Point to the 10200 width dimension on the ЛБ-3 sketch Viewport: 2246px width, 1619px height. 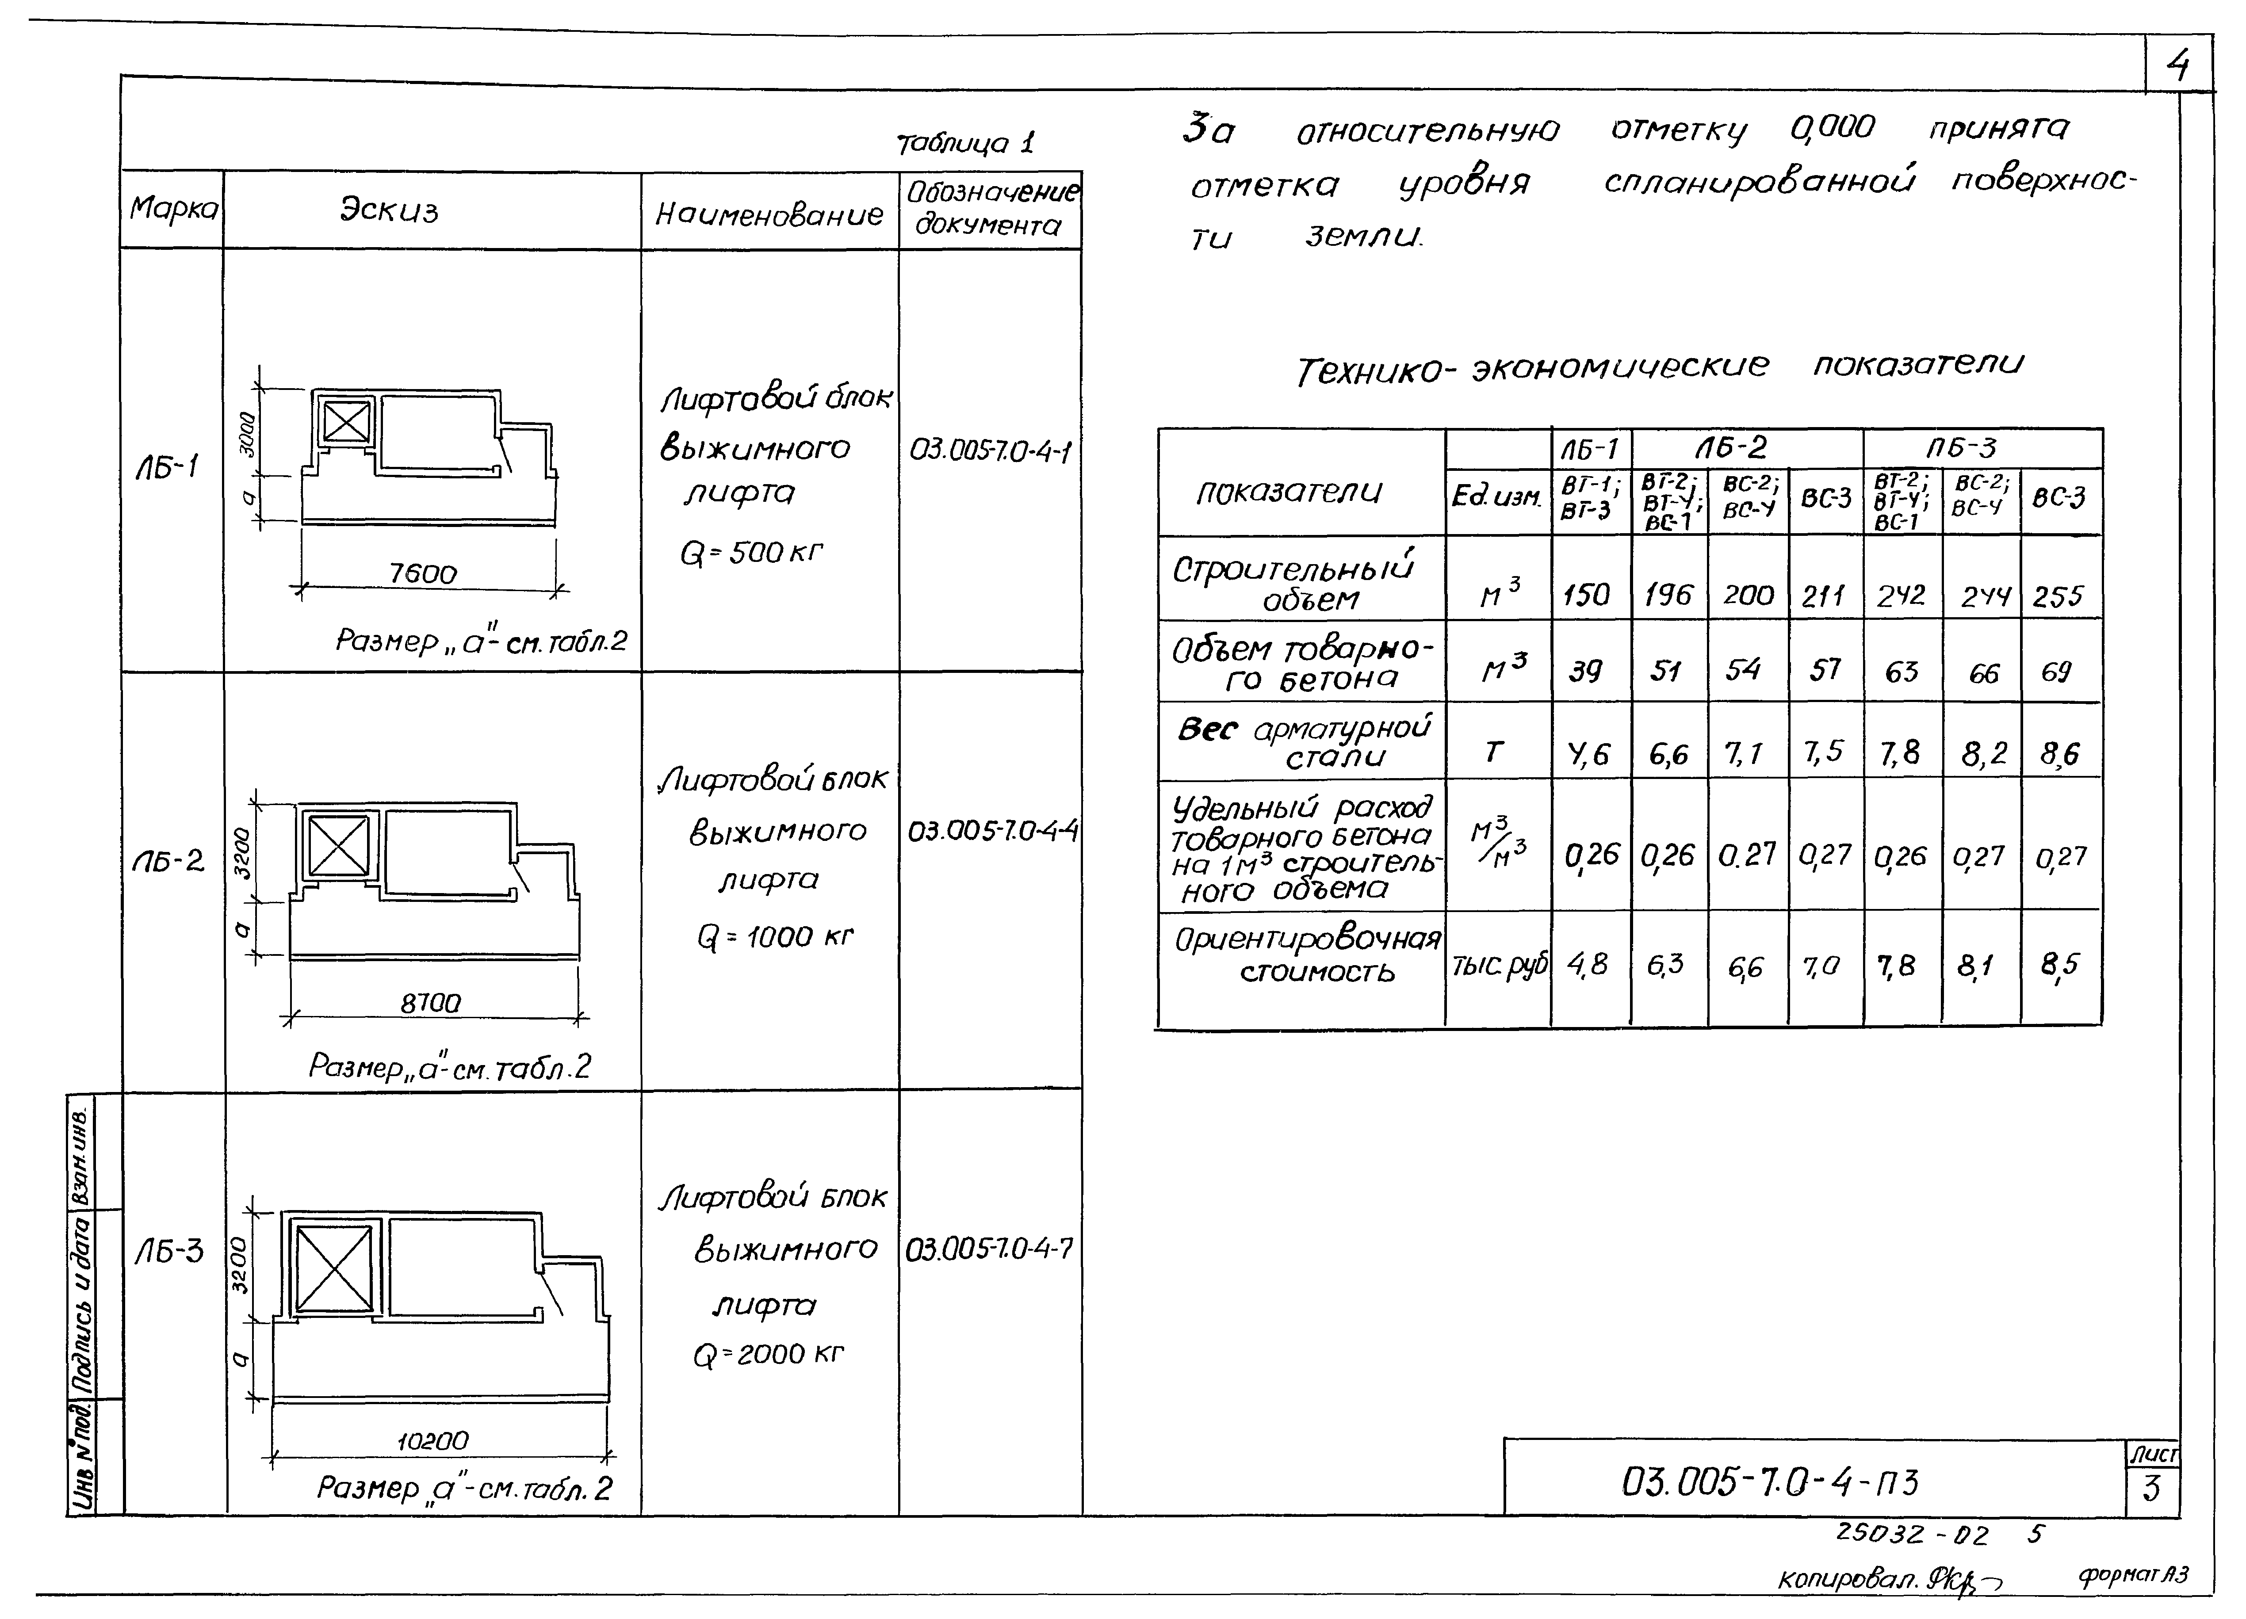[x=433, y=1441]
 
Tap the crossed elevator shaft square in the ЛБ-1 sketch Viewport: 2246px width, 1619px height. [x=346, y=424]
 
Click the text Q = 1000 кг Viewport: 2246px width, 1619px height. [x=774, y=936]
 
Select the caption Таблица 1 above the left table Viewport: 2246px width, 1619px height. [x=964, y=144]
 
